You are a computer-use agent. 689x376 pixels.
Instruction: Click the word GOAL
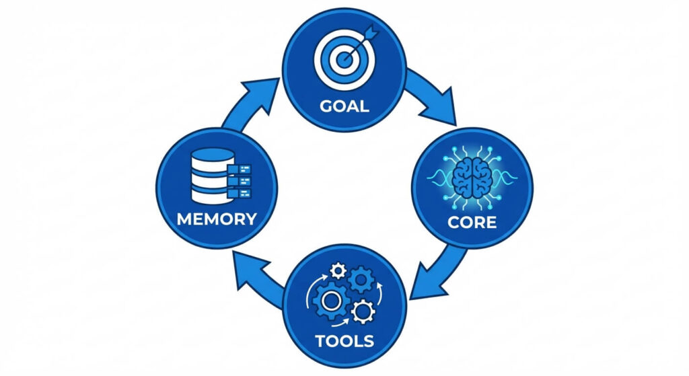(344, 106)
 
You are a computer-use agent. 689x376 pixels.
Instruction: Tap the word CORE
(472, 222)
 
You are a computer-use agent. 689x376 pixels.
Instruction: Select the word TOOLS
(344, 340)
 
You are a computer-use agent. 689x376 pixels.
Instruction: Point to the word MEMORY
(216, 219)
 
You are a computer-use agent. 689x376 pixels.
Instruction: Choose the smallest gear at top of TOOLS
(338, 270)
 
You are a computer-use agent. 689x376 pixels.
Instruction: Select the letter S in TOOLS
(367, 340)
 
